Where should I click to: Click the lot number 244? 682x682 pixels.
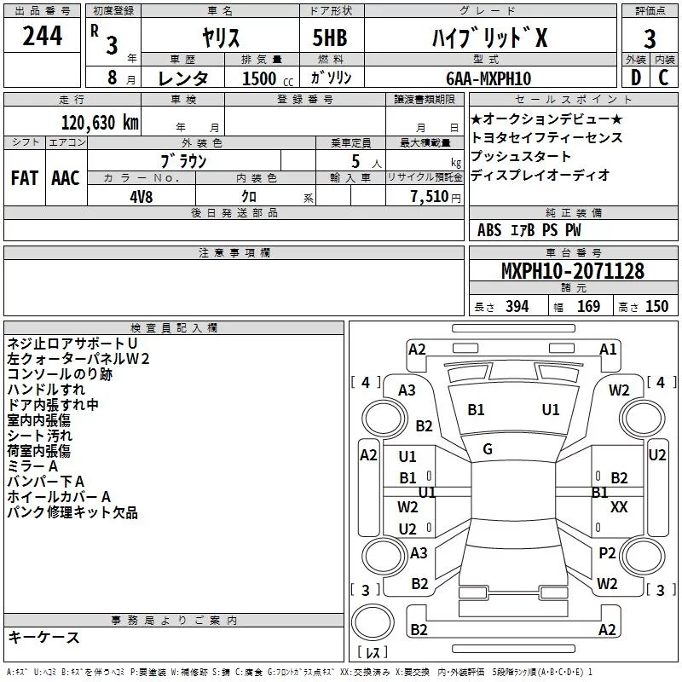43,37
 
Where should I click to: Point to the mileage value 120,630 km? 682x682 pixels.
100,123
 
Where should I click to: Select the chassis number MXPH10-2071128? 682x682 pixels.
572,271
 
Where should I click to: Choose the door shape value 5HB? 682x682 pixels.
329,38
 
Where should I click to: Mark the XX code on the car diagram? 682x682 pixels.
620,506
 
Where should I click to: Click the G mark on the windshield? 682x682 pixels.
488,449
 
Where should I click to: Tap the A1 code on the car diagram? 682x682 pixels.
608,349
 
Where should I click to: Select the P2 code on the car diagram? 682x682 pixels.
607,553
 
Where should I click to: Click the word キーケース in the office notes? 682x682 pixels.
44,637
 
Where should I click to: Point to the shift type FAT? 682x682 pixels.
24,178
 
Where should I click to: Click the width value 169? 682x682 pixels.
588,306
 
